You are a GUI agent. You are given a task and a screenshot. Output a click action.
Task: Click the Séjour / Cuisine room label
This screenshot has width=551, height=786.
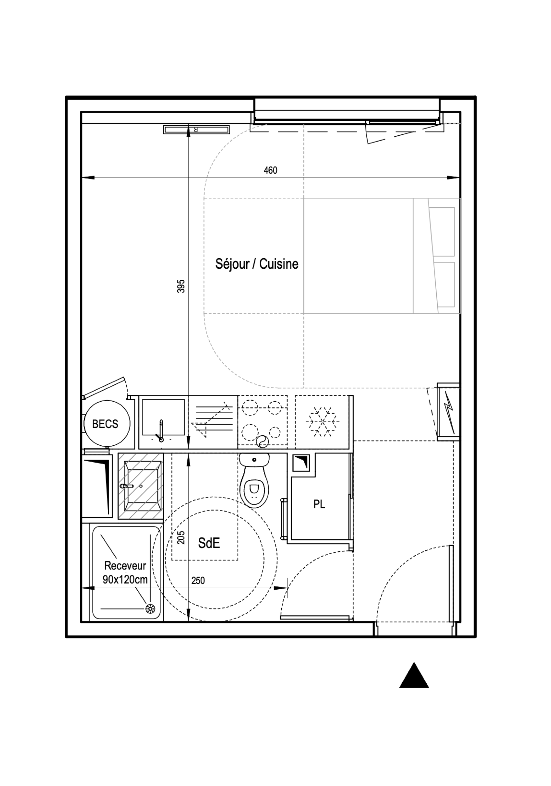pyautogui.click(x=257, y=264)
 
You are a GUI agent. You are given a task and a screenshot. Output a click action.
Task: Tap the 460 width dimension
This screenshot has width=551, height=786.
pyautogui.click(x=270, y=170)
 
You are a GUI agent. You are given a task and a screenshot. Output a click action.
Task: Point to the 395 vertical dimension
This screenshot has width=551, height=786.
pyautogui.click(x=181, y=286)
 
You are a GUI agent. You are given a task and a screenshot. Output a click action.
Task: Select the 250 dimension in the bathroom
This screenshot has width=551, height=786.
pyautogui.click(x=198, y=580)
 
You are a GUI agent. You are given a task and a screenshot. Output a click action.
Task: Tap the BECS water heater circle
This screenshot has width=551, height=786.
pyautogui.click(x=107, y=424)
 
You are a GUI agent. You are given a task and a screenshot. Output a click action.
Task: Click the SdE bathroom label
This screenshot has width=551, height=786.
pyautogui.click(x=209, y=543)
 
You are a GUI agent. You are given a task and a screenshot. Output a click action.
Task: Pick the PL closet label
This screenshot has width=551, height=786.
pyautogui.click(x=319, y=505)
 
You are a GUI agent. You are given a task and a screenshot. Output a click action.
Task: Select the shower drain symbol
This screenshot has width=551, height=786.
pyautogui.click(x=150, y=609)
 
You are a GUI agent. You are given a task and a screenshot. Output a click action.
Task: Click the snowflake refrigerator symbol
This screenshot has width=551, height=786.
pyautogui.click(x=323, y=422)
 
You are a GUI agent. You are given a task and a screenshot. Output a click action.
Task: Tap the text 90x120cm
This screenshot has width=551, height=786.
pyautogui.click(x=125, y=580)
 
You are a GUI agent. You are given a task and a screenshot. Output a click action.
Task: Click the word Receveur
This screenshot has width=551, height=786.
pyautogui.click(x=125, y=566)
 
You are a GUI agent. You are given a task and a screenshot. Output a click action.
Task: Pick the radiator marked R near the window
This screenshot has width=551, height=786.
pyautogui.click(x=197, y=130)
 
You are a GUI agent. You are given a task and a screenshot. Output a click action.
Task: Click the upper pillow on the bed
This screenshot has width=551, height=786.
pyautogui.click(x=442, y=232)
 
